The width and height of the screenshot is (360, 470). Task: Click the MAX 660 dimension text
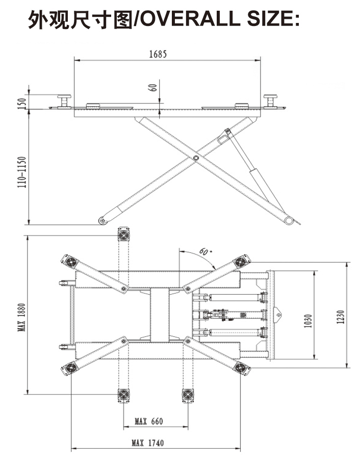click(148, 421)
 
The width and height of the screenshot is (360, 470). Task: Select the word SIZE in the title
click(268, 20)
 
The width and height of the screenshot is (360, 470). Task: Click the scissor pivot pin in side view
click(195, 159)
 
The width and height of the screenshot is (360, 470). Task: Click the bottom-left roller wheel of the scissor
click(102, 221)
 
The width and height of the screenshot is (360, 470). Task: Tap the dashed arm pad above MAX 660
click(124, 395)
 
